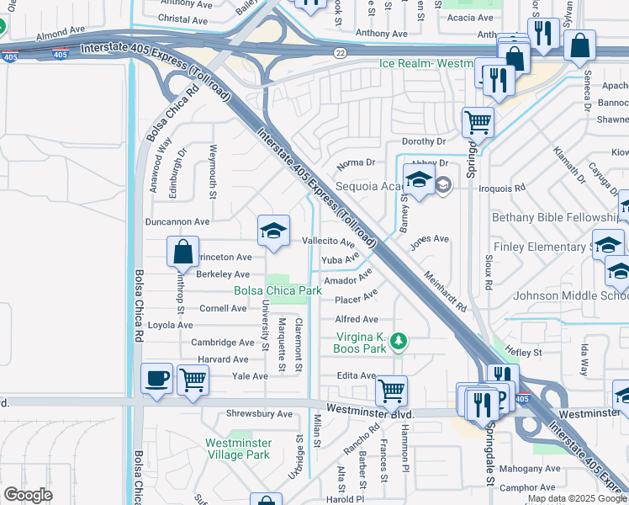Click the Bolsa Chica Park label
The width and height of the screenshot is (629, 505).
[x=278, y=291]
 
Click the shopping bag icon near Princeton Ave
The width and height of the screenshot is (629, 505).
[x=182, y=251]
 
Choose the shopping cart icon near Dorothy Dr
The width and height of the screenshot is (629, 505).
[x=478, y=122]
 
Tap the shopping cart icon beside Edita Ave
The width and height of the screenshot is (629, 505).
[x=391, y=390]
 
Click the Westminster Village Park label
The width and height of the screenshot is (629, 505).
[x=238, y=449]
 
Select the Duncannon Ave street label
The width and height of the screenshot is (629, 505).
[x=177, y=221]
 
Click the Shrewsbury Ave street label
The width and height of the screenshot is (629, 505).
[x=259, y=414]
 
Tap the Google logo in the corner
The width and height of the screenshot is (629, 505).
[x=28, y=495]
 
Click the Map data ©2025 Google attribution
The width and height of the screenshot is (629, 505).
[x=577, y=498]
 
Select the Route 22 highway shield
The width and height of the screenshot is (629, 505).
[x=338, y=52]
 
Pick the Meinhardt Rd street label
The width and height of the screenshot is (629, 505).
[x=445, y=291]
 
